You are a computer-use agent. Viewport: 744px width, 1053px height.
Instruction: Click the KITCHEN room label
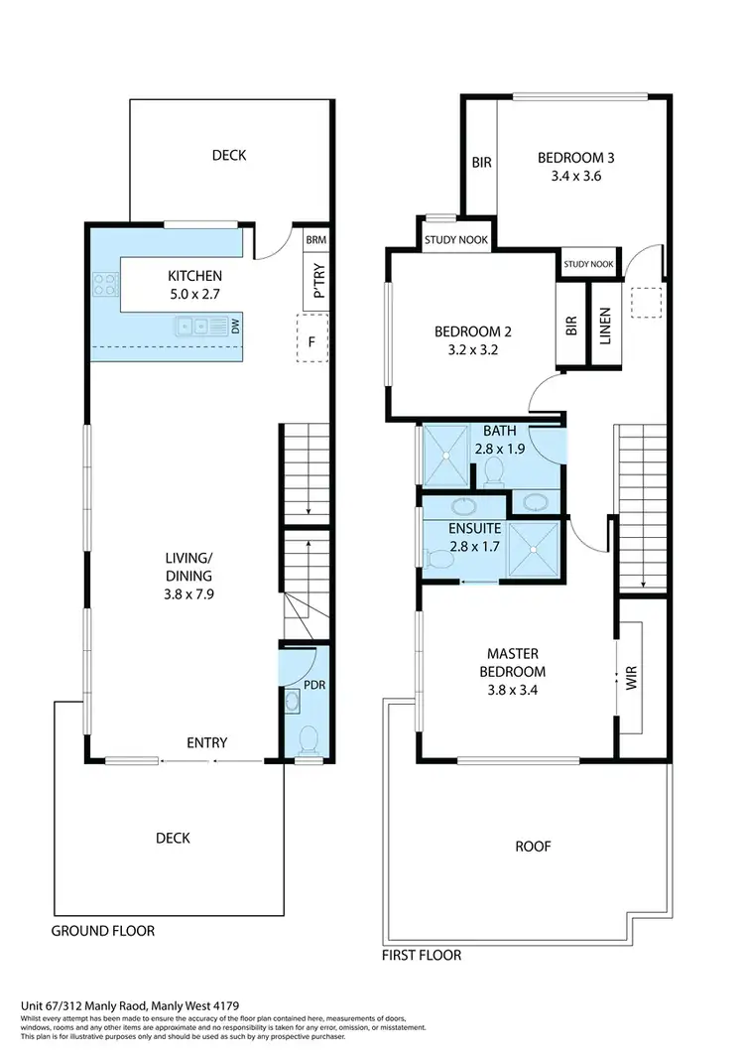(194, 276)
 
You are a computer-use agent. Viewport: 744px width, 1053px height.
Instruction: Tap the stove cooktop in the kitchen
(106, 286)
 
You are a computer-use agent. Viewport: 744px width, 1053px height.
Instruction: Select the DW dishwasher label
(235, 325)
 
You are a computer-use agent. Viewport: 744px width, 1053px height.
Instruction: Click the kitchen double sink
(193, 325)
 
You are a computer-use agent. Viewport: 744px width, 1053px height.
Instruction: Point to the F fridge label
(311, 341)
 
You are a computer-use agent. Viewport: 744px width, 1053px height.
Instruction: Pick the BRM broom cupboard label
(315, 240)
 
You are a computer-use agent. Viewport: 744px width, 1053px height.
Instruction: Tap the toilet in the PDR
(309, 739)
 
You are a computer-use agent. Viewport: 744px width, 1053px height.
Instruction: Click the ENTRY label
(206, 742)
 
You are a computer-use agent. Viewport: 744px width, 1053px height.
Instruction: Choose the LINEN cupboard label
(605, 327)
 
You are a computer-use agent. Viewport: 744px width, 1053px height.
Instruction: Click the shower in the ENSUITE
(536, 549)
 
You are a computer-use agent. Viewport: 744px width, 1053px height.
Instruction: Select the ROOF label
(532, 847)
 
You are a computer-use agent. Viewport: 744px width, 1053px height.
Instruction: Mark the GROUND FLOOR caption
(103, 931)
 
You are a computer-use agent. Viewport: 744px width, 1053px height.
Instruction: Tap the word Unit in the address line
(32, 1004)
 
